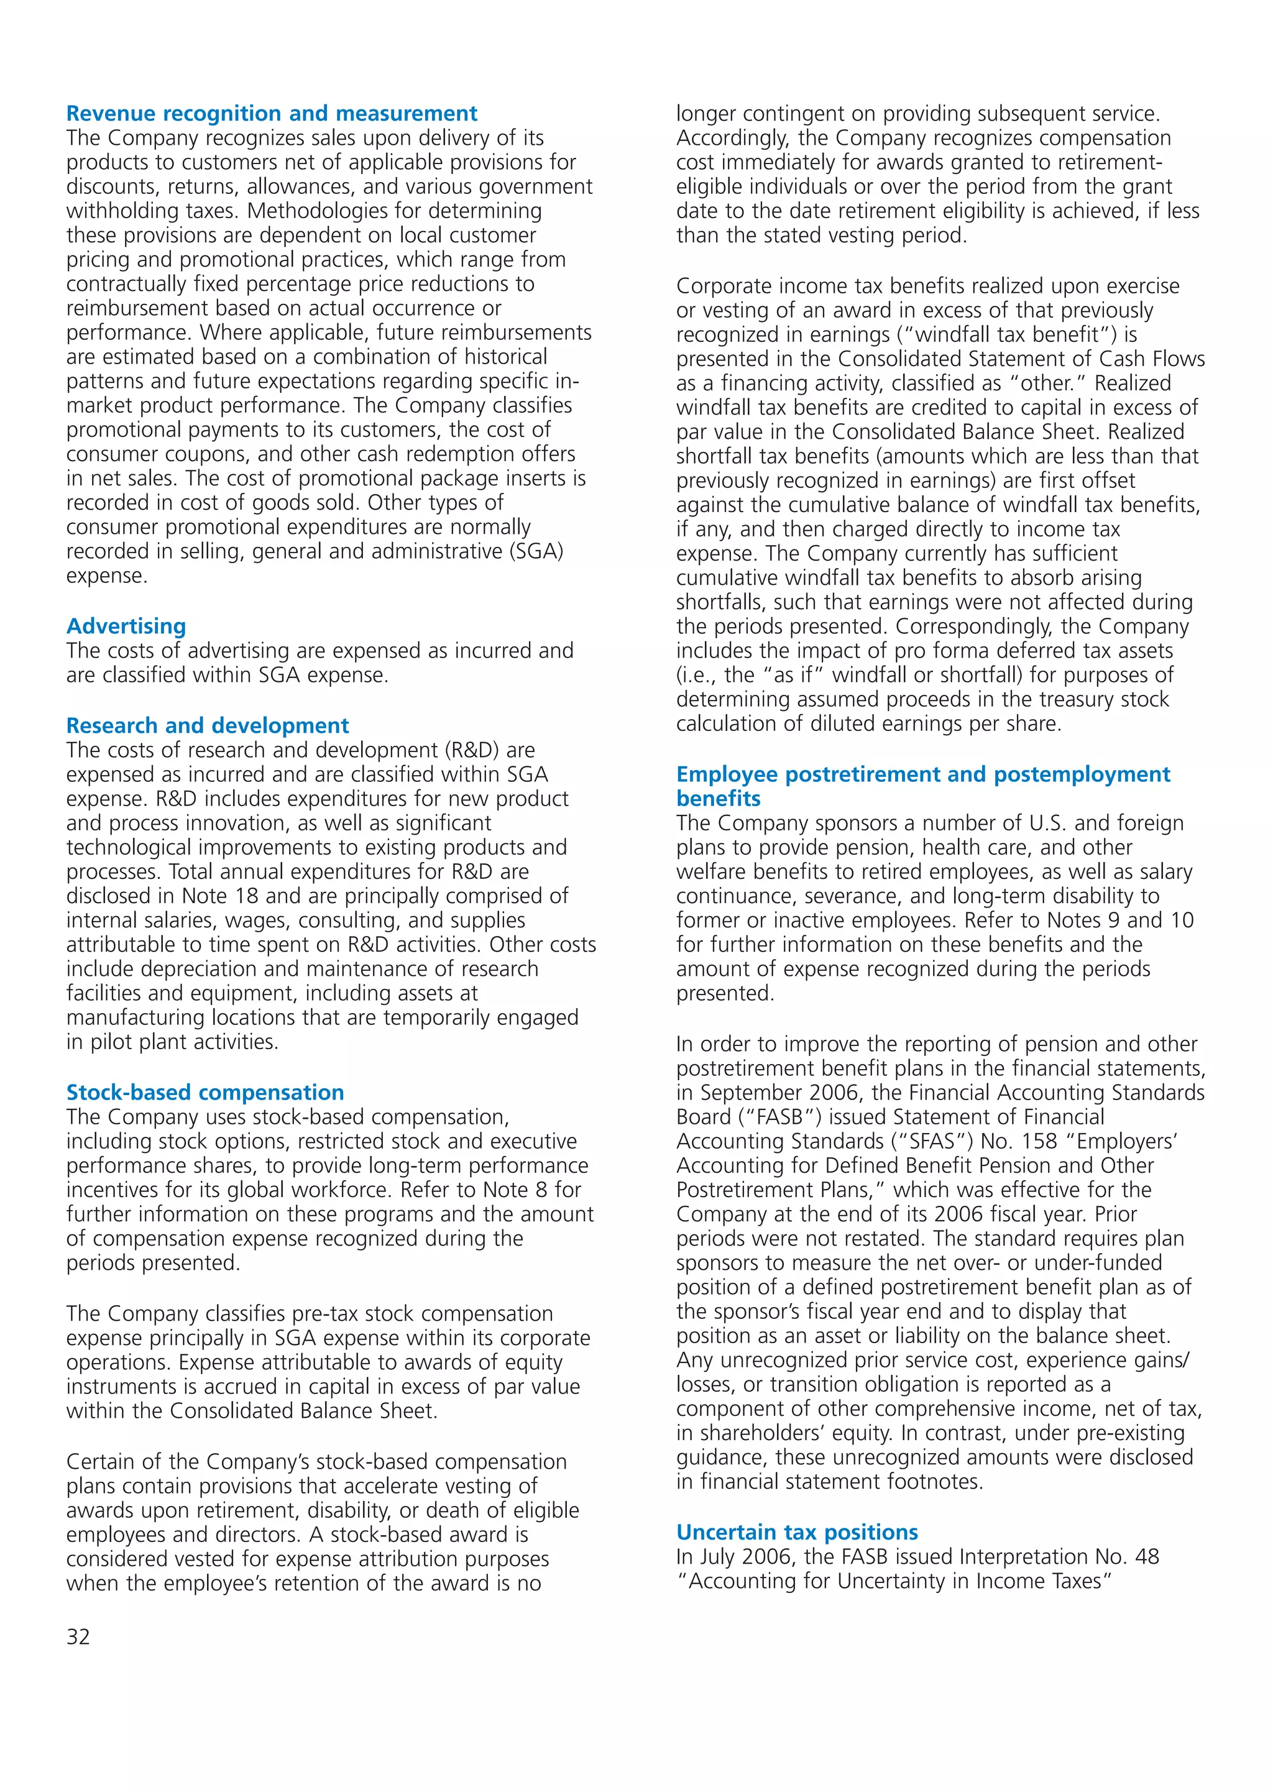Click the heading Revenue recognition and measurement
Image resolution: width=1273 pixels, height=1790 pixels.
271,114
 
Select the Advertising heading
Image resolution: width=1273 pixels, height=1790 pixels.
126,626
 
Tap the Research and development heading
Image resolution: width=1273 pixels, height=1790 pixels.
208,726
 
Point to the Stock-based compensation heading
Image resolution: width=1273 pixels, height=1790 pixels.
205,1093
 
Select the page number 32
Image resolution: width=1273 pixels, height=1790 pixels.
78,1637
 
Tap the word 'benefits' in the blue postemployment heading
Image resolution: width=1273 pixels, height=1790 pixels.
718,799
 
